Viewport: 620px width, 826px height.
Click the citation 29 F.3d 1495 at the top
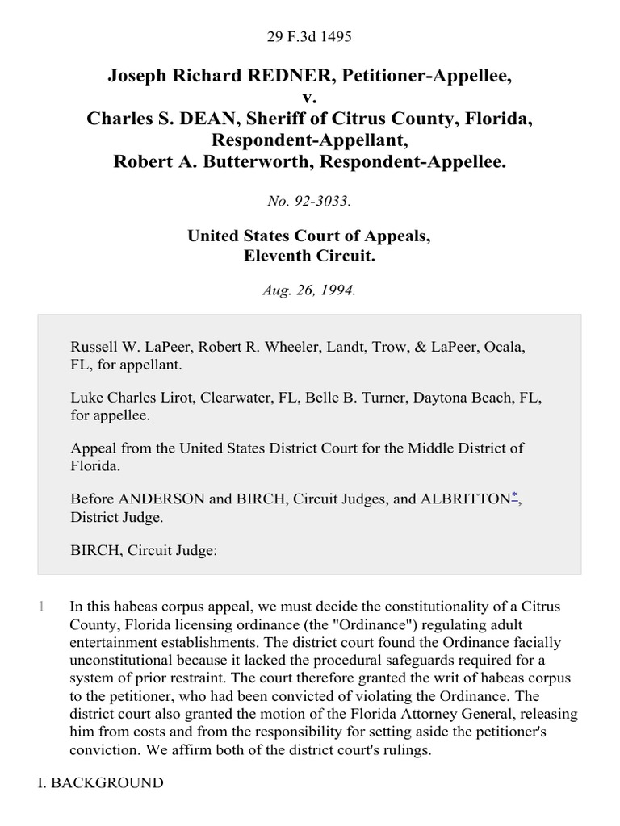(309, 36)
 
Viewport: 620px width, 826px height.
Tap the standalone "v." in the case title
(310, 98)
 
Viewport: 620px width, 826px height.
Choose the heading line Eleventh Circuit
(309, 256)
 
